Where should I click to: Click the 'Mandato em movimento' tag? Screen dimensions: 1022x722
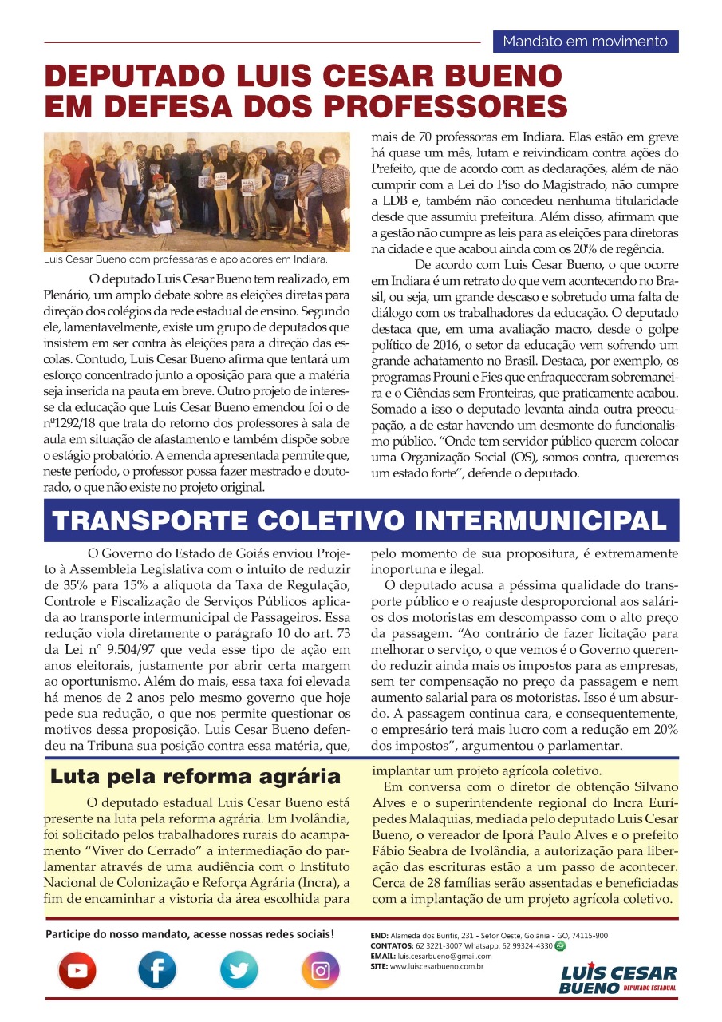586,41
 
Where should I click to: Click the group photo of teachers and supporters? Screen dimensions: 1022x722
197,192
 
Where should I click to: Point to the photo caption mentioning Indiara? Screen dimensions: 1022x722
186,260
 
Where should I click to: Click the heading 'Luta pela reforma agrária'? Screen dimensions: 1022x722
195,776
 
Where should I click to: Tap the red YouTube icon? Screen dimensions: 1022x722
77,970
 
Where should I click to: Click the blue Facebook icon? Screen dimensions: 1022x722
158,970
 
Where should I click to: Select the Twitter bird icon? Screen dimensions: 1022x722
239,970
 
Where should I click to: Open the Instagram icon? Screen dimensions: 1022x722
320,970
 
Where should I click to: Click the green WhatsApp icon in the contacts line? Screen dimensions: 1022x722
559,945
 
